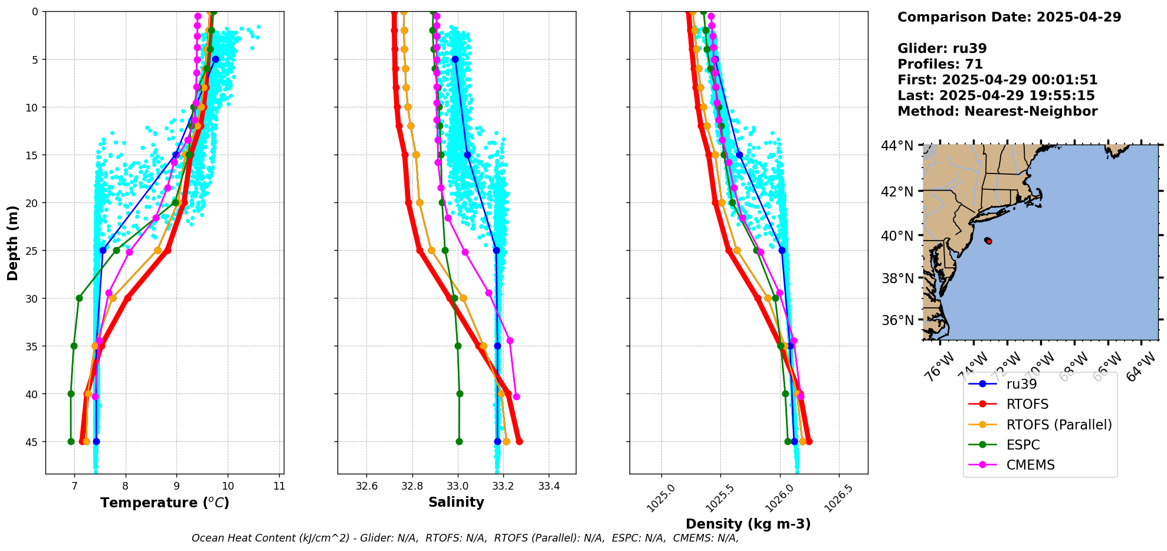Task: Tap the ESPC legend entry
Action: [1023, 445]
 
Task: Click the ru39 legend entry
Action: [1021, 384]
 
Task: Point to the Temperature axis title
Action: [165, 503]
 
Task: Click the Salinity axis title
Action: [456, 502]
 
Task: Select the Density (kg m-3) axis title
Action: [748, 524]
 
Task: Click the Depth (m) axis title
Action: [13, 243]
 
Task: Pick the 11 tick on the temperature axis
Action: [279, 487]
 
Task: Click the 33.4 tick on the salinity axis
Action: [549, 487]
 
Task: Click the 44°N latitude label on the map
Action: [897, 146]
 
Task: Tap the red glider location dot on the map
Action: [988, 241]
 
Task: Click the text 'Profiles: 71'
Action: [940, 64]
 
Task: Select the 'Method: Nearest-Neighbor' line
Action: [997, 111]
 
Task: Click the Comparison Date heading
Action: [1009, 17]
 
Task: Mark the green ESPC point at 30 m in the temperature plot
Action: [79, 298]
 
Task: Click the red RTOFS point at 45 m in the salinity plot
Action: [519, 441]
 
